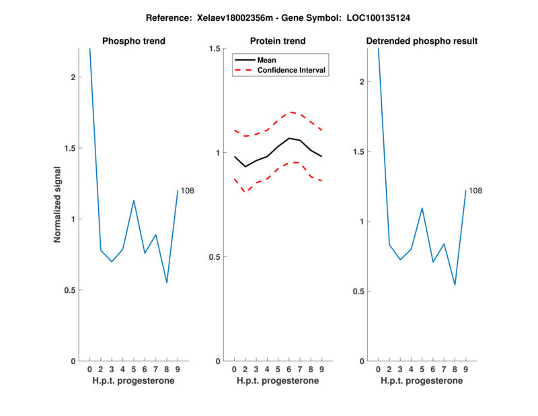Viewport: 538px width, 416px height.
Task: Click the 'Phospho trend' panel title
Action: tap(133, 41)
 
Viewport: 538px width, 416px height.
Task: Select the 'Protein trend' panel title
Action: tap(277, 41)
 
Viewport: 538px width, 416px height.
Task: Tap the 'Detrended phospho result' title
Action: tap(422, 41)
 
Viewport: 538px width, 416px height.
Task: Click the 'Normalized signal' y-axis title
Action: tap(58, 205)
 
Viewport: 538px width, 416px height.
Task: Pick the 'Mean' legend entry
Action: tap(267, 60)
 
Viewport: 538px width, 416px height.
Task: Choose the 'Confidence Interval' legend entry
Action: tap(293, 69)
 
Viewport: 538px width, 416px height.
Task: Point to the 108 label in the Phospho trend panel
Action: tap(187, 191)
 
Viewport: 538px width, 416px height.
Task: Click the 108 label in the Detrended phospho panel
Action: tap(475, 191)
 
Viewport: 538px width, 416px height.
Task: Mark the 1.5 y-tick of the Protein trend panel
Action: tap(216, 48)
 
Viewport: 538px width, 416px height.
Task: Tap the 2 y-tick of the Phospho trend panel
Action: tap(73, 77)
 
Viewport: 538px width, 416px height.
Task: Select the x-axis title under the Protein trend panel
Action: tap(277, 381)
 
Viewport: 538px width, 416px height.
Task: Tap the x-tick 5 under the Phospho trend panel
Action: tap(134, 370)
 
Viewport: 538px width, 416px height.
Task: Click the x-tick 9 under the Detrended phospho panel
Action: tap(465, 370)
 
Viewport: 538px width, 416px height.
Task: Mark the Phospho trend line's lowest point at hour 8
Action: tap(167, 283)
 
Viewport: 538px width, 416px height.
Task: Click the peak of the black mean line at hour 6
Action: tap(289, 138)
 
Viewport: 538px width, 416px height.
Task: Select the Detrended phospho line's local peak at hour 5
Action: tap(422, 208)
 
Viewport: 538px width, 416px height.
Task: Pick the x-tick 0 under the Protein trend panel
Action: tap(234, 370)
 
